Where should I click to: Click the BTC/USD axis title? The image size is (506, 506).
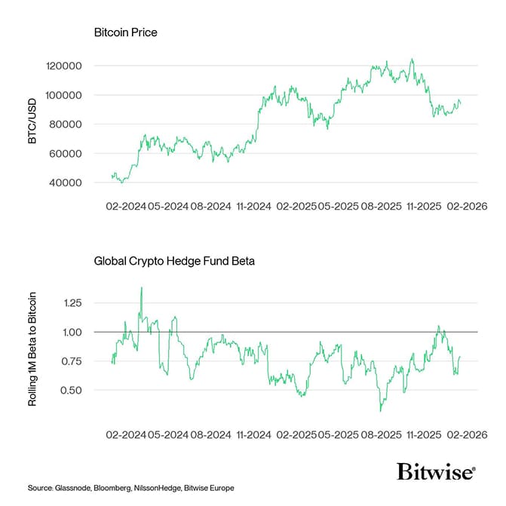click(x=32, y=124)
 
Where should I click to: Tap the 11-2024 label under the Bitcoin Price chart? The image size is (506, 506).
click(x=253, y=205)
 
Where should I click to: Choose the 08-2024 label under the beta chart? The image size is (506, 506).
click(x=212, y=435)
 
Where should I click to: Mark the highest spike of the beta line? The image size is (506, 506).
click(x=141, y=287)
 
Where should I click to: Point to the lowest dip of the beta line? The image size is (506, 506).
click(x=381, y=410)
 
